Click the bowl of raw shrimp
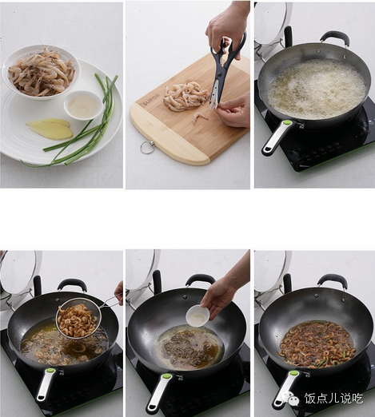(41, 72)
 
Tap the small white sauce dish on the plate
(83, 105)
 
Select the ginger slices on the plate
(50, 128)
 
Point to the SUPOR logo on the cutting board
(151, 100)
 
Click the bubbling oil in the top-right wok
(316, 89)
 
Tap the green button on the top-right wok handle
(287, 123)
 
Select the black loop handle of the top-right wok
(335, 38)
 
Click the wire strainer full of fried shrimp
(78, 318)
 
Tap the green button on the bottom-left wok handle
(50, 371)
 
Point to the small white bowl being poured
(197, 316)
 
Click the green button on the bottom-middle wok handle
(166, 376)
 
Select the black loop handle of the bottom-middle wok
(200, 280)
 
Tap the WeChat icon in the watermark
(291, 398)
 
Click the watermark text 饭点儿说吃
(333, 399)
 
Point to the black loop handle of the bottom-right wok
(333, 280)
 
